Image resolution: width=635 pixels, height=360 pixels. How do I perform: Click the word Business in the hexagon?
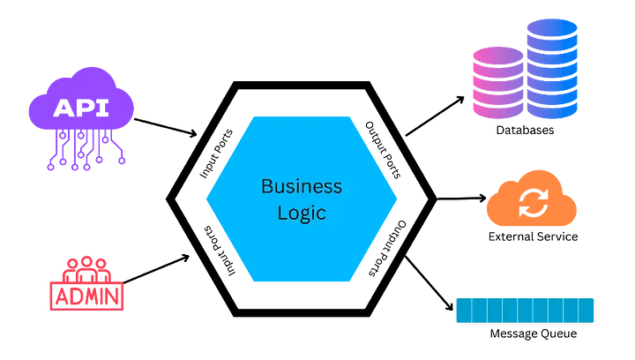[x=301, y=186]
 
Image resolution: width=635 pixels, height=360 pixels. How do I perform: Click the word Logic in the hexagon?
[x=301, y=213]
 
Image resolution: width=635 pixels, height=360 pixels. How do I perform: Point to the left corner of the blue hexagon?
[x=208, y=199]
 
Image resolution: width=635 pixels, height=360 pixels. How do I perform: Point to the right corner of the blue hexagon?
[x=396, y=199]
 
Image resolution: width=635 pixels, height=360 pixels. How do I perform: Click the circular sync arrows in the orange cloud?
[x=533, y=203]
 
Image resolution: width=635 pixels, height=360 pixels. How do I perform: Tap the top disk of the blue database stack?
[x=552, y=29]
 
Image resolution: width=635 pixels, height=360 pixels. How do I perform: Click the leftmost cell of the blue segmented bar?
[x=463, y=311]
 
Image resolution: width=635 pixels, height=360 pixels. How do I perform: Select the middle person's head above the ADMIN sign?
[x=86, y=263]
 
